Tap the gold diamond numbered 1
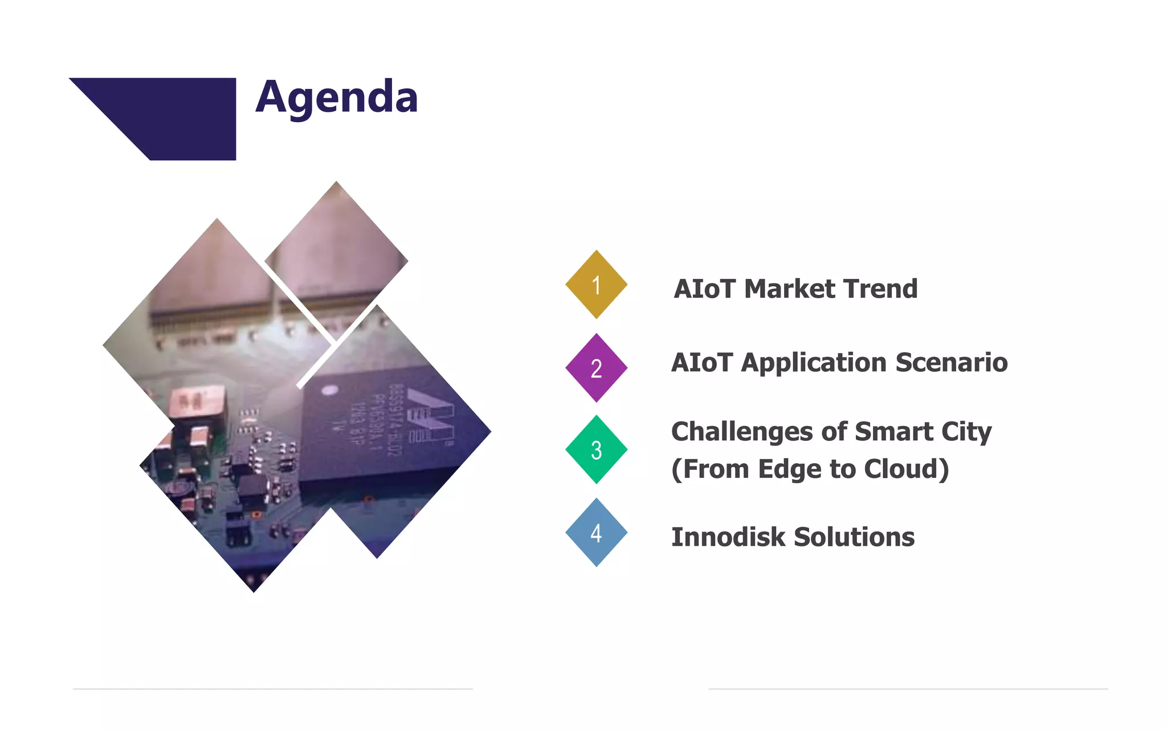point(596,285)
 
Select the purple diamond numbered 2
point(596,368)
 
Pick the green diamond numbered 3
point(596,450)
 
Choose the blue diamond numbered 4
point(596,533)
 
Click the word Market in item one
point(788,289)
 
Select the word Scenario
point(952,363)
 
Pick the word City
point(966,432)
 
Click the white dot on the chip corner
point(330,390)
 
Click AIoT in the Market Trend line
point(704,289)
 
